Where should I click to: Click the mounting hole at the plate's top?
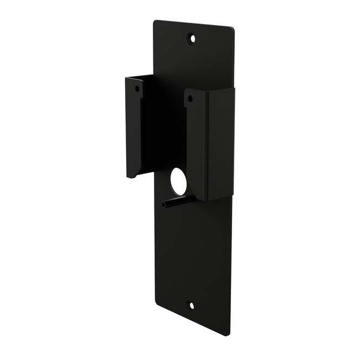coord(192,38)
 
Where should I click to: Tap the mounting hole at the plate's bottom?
coord(192,305)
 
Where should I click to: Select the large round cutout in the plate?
coord(178,182)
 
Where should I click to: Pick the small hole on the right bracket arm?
coord(190,99)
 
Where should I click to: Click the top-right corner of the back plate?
coord(233,29)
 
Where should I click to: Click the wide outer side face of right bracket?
coord(220,144)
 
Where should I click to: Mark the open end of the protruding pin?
coord(164,205)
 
